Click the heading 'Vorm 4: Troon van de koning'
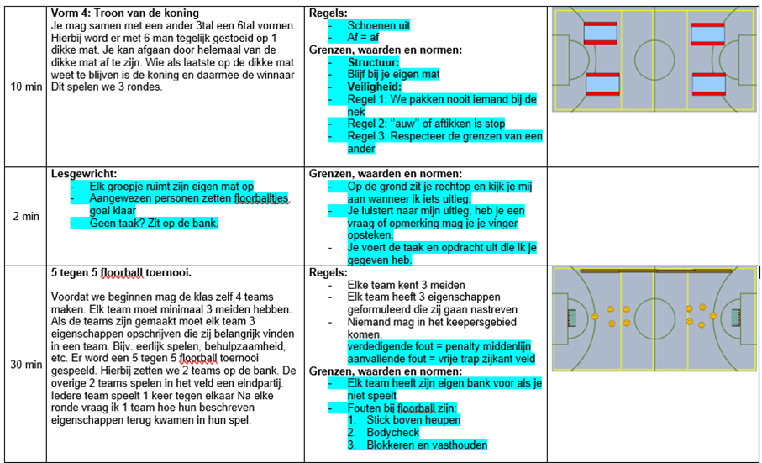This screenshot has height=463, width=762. click(125, 13)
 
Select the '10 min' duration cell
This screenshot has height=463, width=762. click(25, 87)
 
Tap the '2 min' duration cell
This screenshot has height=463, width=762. click(25, 216)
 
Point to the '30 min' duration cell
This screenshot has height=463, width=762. click(25, 365)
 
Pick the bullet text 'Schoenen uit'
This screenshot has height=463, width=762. click(379, 26)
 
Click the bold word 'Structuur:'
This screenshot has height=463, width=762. click(376, 62)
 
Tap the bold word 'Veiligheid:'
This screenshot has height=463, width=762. click(377, 87)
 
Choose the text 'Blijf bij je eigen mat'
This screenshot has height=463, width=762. click(394, 74)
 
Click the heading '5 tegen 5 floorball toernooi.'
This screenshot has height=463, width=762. click(121, 273)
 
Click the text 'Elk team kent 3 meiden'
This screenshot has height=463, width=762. click(406, 285)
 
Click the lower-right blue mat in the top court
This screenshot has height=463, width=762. click(707, 85)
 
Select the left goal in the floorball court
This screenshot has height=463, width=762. click(572, 318)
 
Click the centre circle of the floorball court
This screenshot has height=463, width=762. click(654, 317)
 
